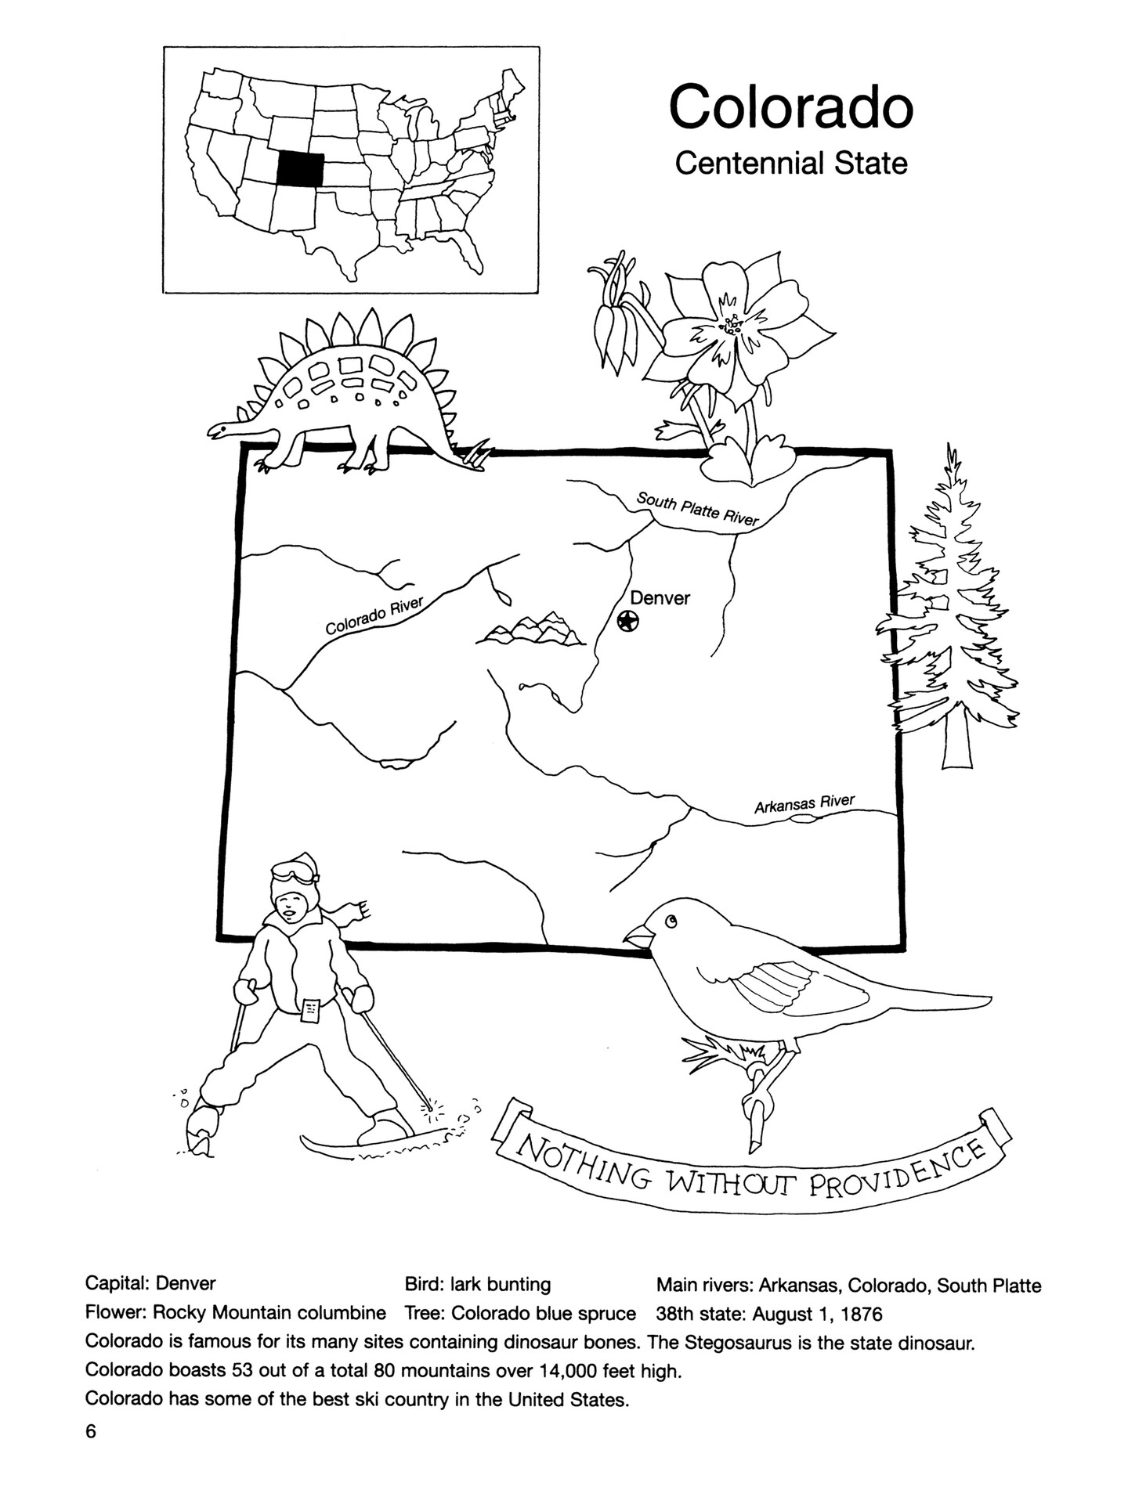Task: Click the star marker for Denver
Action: [x=627, y=622]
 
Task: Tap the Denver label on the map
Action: [x=660, y=598]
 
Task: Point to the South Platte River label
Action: [x=697, y=509]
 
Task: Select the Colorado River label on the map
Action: [x=374, y=615]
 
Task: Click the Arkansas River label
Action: [x=804, y=803]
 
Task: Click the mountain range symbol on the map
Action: [x=530, y=629]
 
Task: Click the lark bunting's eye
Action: [x=671, y=922]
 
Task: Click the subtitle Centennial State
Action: [x=791, y=164]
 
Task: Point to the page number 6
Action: [x=91, y=1432]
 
